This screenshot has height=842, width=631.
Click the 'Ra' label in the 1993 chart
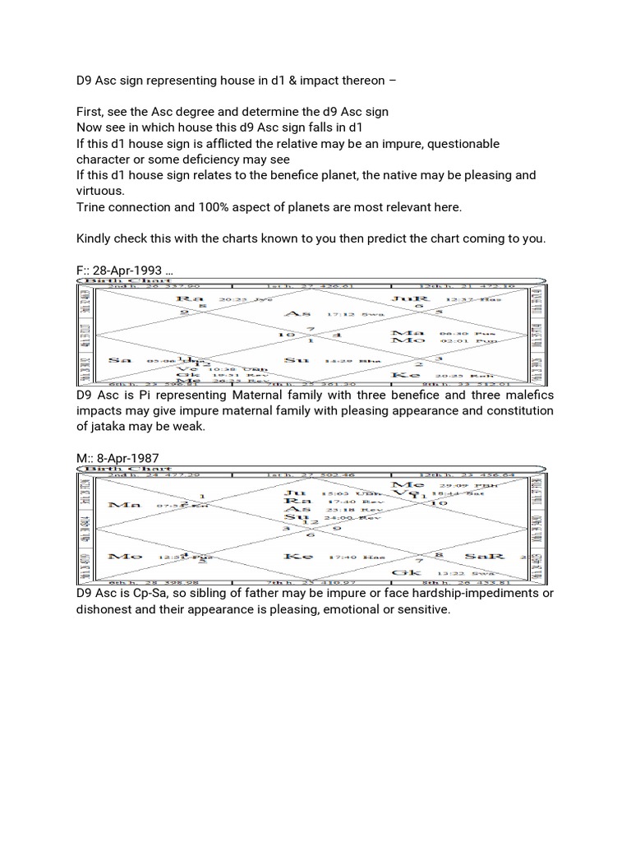(x=196, y=299)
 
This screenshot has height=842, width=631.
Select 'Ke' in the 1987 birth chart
(x=294, y=557)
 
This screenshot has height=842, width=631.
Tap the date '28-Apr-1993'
(x=131, y=270)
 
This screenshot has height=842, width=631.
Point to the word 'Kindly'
(x=95, y=238)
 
